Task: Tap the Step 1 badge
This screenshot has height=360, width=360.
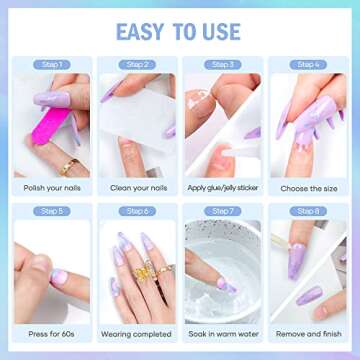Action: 52,65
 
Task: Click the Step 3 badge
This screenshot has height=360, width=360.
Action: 223,65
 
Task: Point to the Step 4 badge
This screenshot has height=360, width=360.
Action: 308,65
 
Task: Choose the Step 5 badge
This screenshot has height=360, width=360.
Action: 52,211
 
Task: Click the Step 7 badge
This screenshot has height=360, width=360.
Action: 223,211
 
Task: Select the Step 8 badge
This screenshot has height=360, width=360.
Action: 308,211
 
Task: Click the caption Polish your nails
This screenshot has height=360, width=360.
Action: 52,186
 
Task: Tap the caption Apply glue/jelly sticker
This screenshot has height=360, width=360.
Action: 223,186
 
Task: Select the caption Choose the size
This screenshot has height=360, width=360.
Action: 308,186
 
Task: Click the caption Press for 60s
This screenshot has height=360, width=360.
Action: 52,332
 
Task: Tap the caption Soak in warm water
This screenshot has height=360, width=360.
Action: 223,332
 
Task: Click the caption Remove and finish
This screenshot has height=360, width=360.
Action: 308,332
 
